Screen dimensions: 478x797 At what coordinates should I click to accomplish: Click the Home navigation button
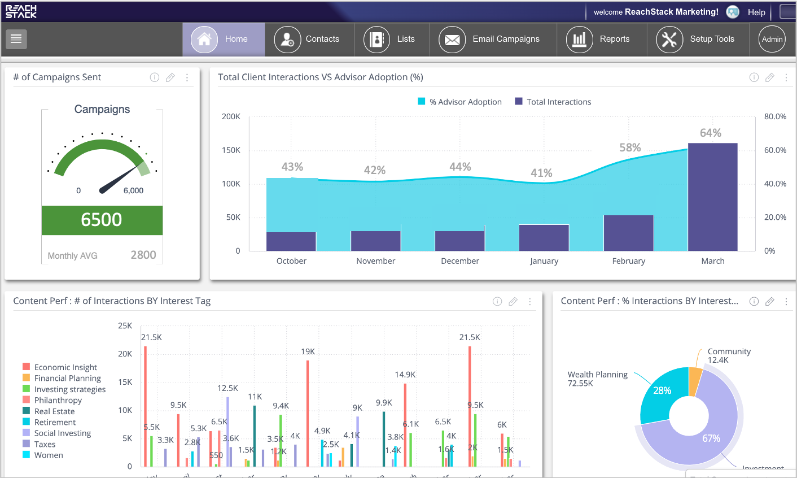pyautogui.click(x=224, y=39)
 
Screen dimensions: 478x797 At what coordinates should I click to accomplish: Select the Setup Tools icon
pyautogui.click(x=669, y=40)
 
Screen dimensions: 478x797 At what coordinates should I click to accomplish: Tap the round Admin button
pyautogui.click(x=772, y=39)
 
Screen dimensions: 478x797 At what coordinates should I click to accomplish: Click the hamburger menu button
pyautogui.click(x=16, y=38)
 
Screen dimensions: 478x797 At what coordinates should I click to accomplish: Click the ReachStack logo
pyautogui.click(x=21, y=11)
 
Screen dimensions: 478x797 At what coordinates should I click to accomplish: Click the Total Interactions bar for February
pyautogui.click(x=628, y=233)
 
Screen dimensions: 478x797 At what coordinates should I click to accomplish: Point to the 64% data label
pyautogui.click(x=710, y=133)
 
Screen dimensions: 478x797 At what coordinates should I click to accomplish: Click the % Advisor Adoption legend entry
pyautogui.click(x=459, y=102)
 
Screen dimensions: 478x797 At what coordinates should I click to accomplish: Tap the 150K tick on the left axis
pyautogui.click(x=231, y=150)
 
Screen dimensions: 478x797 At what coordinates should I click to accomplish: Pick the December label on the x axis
pyautogui.click(x=459, y=261)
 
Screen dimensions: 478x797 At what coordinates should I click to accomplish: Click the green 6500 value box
pyautogui.click(x=102, y=220)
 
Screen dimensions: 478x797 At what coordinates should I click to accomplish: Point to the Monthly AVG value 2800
pyautogui.click(x=143, y=255)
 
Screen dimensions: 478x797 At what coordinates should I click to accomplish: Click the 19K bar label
pyautogui.click(x=308, y=351)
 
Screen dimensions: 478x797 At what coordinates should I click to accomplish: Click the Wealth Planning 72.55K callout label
pyautogui.click(x=597, y=379)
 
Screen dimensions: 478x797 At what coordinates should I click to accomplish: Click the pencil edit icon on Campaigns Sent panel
pyautogui.click(x=170, y=77)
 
